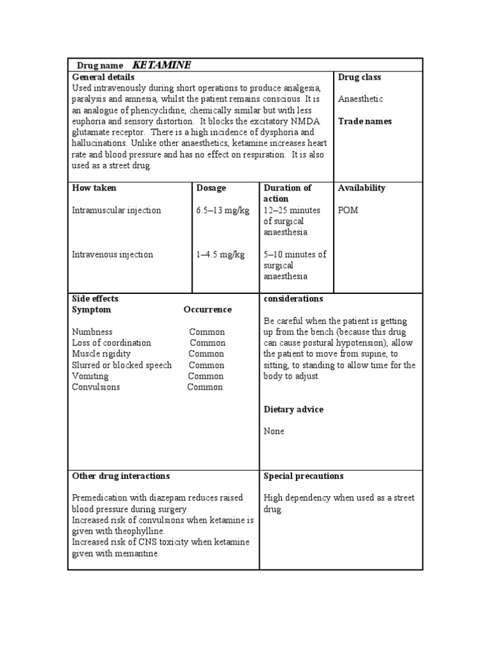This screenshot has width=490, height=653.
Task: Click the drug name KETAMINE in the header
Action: pyautogui.click(x=161, y=65)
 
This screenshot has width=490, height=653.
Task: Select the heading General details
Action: pyautogui.click(x=103, y=77)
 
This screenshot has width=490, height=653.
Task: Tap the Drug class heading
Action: pyautogui.click(x=359, y=77)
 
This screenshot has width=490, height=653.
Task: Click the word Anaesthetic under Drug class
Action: pyautogui.click(x=360, y=99)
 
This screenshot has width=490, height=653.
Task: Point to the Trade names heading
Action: pyautogui.click(x=365, y=121)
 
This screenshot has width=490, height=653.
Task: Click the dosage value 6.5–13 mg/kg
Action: pyautogui.click(x=223, y=210)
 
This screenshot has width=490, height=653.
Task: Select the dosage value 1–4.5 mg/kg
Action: pyautogui.click(x=220, y=254)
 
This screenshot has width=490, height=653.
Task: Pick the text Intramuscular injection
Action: pyautogui.click(x=117, y=210)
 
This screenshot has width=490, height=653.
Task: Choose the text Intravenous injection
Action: pyautogui.click(x=112, y=254)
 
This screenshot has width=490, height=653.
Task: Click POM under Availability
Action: pyautogui.click(x=348, y=210)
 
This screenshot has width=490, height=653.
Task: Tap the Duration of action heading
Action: pyautogui.click(x=287, y=193)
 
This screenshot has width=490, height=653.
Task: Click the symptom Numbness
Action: pyautogui.click(x=93, y=332)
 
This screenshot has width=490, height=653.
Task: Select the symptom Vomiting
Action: pyautogui.click(x=90, y=376)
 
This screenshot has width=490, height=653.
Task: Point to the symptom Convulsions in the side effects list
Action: pyautogui.click(x=96, y=387)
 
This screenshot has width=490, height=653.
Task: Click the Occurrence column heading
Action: pyautogui.click(x=207, y=310)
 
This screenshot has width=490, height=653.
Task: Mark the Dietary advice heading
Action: pyautogui.click(x=293, y=409)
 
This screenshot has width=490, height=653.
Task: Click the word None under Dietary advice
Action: pyautogui.click(x=274, y=432)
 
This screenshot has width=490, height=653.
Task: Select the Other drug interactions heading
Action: pyautogui.click(x=121, y=476)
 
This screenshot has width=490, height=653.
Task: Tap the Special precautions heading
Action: pyautogui.click(x=303, y=476)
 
